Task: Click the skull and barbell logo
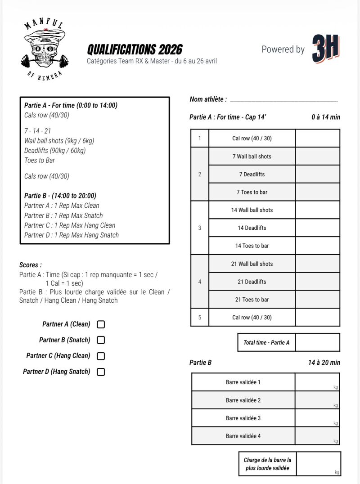coord(44,49)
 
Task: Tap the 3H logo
coord(325,49)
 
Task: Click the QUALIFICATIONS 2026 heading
coord(135,49)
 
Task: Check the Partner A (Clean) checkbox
coord(101,324)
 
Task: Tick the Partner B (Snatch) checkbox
coord(101,340)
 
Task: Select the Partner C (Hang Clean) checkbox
coord(101,356)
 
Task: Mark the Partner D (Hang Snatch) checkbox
coord(101,372)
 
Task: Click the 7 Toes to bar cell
coord(252,192)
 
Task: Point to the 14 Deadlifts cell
coord(252,228)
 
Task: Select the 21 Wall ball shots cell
coord(252,264)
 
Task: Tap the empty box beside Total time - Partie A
coord(318,342)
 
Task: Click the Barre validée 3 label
coord(243,418)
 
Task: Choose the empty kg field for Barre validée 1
coord(317,382)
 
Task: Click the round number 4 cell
coord(200,282)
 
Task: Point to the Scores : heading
coord(31,265)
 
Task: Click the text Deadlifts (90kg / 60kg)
coord(55,151)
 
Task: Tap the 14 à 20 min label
coord(324,363)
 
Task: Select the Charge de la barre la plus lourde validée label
coord(267,464)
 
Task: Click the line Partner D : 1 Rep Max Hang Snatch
coord(72,235)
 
